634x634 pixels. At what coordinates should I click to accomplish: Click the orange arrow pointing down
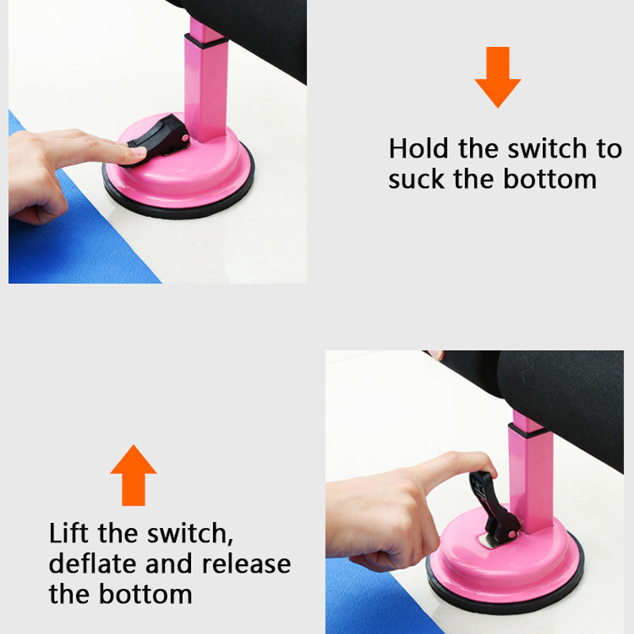coord(498,77)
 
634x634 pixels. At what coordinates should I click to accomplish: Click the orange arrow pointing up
coord(133,475)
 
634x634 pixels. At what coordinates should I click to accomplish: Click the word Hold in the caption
coord(418,148)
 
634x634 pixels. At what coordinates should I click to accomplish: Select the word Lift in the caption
coord(68,533)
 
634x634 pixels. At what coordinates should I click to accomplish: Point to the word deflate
coord(93,564)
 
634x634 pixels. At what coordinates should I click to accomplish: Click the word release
coord(246,564)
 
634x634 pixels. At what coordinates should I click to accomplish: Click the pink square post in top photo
coord(206,81)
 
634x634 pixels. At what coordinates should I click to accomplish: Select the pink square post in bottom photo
coord(531,473)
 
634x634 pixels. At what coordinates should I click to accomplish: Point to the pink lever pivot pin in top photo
coord(185,138)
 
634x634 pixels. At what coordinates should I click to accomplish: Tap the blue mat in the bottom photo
coord(372,598)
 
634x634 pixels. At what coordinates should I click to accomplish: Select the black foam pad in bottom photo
coord(558,396)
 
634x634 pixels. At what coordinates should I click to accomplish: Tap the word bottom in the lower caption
coord(146,594)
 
